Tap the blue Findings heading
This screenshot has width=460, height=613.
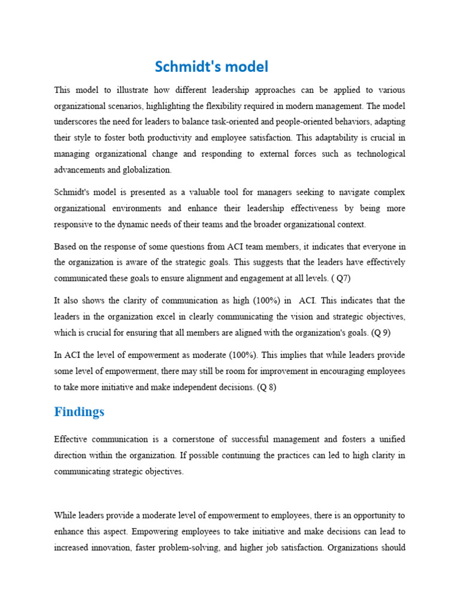(79, 412)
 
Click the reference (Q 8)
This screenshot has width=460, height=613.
(267, 387)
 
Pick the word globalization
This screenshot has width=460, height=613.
(146, 169)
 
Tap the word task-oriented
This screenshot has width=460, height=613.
(243, 122)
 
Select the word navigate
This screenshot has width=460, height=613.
(338, 192)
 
